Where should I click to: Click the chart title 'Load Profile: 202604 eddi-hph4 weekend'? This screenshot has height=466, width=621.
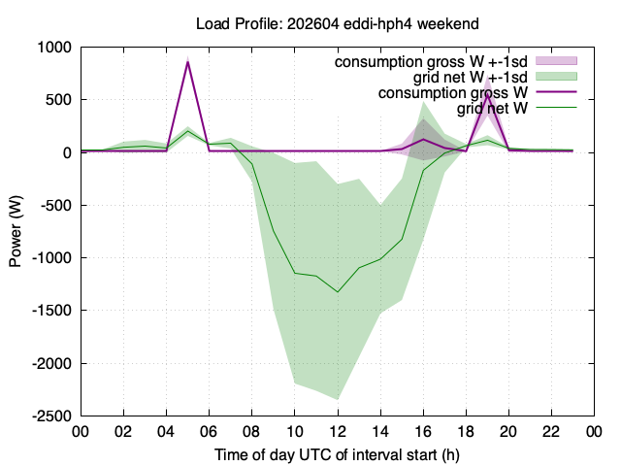click(x=338, y=23)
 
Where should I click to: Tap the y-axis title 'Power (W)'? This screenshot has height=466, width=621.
click(x=16, y=231)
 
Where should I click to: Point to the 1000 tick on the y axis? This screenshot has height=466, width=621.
click(x=54, y=48)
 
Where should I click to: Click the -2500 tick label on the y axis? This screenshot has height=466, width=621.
click(x=51, y=416)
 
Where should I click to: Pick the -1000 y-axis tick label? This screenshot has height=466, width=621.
click(x=51, y=258)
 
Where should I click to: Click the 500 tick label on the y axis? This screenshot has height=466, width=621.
click(x=58, y=100)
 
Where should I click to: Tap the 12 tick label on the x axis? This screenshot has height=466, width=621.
click(x=338, y=431)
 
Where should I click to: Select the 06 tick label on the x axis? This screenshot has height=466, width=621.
click(x=210, y=431)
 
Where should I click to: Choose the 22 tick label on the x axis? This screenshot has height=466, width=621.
click(x=551, y=431)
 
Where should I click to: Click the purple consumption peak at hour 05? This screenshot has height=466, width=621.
click(x=187, y=62)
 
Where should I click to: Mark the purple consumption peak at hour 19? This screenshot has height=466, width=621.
click(x=487, y=94)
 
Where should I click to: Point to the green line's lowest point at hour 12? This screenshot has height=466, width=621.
click(x=338, y=292)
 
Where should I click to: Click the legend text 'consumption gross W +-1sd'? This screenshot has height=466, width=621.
click(x=431, y=62)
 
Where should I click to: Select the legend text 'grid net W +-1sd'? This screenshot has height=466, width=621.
click(x=471, y=77)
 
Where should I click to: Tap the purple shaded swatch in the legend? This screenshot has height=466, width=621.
click(x=556, y=60)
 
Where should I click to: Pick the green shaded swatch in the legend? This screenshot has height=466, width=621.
click(x=556, y=76)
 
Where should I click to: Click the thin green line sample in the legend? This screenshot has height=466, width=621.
click(x=556, y=107)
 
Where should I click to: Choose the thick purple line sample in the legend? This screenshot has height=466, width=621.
click(x=556, y=91)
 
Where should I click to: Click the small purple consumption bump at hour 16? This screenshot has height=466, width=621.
click(x=423, y=139)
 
